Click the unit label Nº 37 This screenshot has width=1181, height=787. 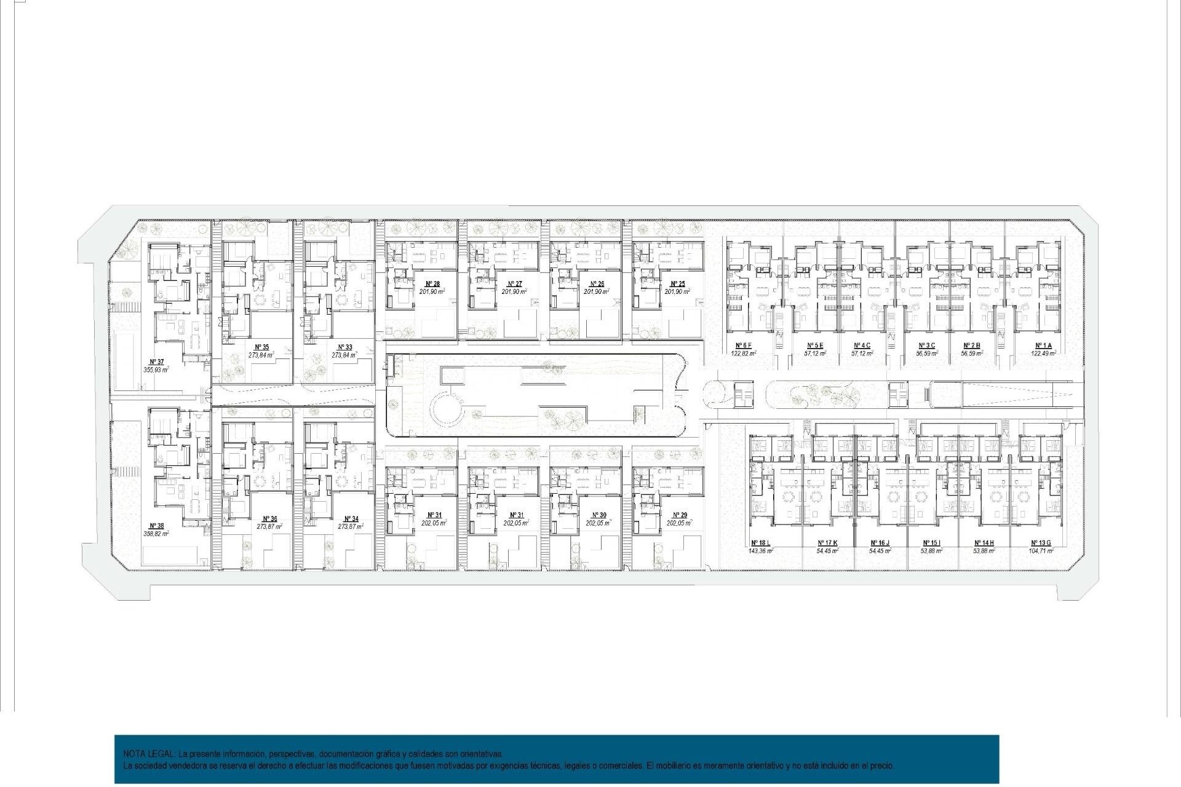(x=156, y=362)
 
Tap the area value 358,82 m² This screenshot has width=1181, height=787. (x=156, y=534)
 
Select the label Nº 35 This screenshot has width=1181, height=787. (x=261, y=347)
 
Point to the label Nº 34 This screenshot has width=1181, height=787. (x=351, y=519)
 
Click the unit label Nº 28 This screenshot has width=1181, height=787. (x=432, y=284)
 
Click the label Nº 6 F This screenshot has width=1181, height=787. (x=743, y=346)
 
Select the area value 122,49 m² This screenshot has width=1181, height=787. (x=1043, y=354)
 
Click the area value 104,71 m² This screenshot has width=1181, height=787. (x=1042, y=552)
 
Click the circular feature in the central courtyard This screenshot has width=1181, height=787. (x=447, y=408)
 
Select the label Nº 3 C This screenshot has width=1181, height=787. (x=926, y=346)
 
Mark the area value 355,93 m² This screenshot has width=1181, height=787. (x=156, y=370)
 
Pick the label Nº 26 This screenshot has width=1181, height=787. (x=596, y=284)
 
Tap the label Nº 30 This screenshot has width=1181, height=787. (x=598, y=515)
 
